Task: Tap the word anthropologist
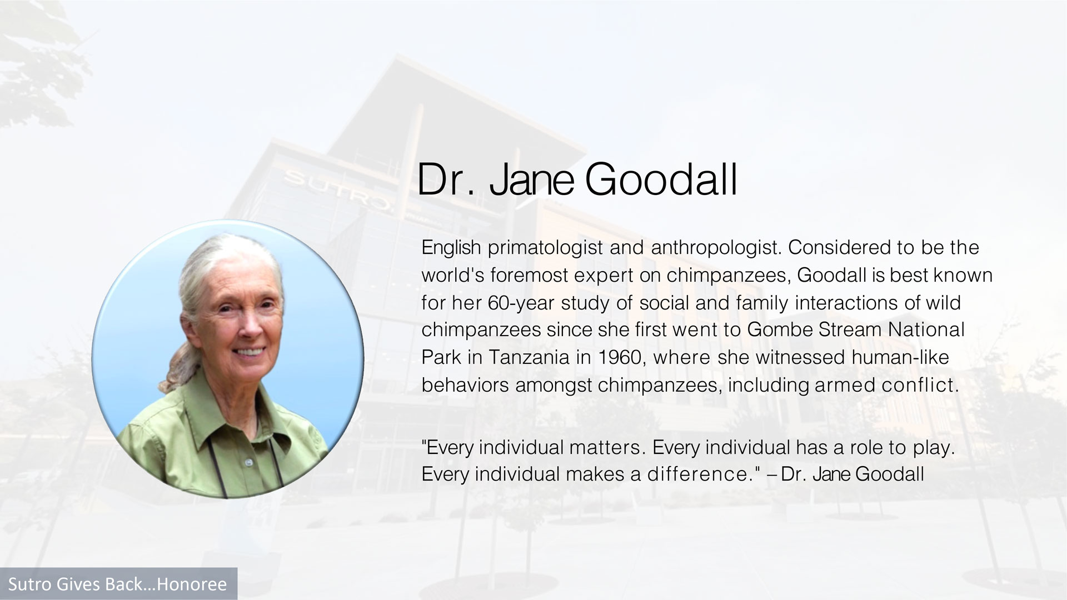tap(716, 248)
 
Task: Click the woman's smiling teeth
tap(250, 352)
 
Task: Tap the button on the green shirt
tap(248, 462)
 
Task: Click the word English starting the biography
tap(451, 248)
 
